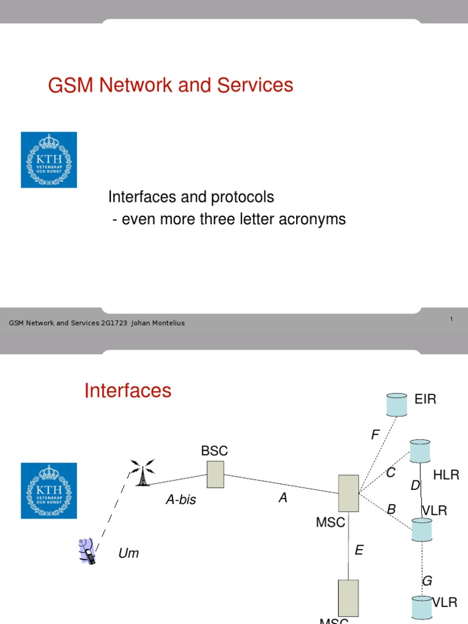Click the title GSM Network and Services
click(x=171, y=85)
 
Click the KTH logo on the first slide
click(x=49, y=160)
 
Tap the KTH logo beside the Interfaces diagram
click(x=49, y=491)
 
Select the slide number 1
click(x=451, y=319)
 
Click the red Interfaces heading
click(x=128, y=391)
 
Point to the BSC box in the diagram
click(x=215, y=474)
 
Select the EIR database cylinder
click(x=397, y=404)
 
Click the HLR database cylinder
click(x=420, y=451)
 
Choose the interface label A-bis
click(x=181, y=500)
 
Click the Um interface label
click(x=129, y=553)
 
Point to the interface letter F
click(x=375, y=434)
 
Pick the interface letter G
click(x=427, y=581)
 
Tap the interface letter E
click(x=359, y=550)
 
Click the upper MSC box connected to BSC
click(x=349, y=493)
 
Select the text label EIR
click(x=425, y=400)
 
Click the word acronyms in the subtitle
click(x=312, y=219)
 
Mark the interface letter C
click(x=391, y=473)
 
